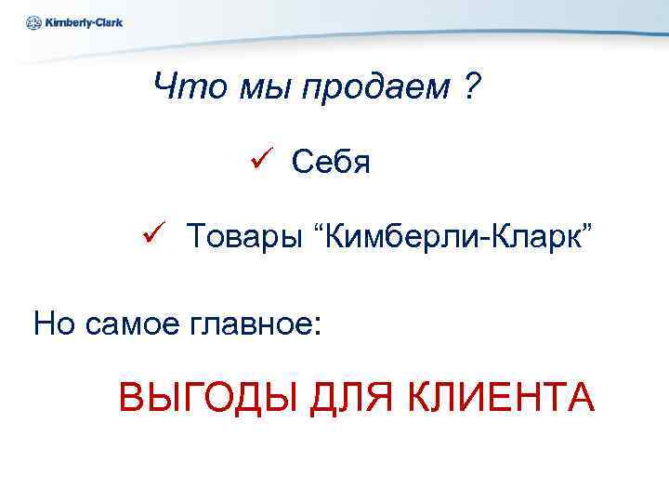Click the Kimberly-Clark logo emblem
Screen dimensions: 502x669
click(x=34, y=22)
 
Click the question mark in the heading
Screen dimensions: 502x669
click(x=471, y=89)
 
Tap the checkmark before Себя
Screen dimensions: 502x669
click(x=258, y=161)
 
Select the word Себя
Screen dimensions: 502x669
click(x=331, y=163)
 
